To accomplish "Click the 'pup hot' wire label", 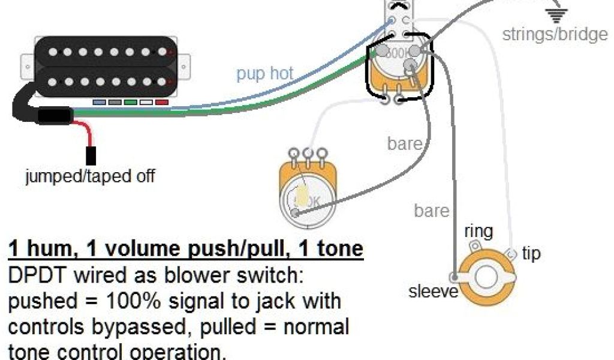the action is coord(264,74).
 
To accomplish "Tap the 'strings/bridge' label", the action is coord(555,34).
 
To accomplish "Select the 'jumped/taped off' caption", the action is coord(90,176).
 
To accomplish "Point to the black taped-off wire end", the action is coord(91,155).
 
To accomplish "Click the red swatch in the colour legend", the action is coord(161,103).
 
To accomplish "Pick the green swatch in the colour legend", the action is coord(130,103).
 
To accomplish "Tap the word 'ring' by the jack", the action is coord(478,231).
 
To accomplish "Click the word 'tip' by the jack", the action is coord(531,253).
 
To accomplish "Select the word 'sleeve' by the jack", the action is coord(434,292).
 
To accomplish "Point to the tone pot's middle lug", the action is coord(308,154).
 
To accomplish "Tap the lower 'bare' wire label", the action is coord(431,211).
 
